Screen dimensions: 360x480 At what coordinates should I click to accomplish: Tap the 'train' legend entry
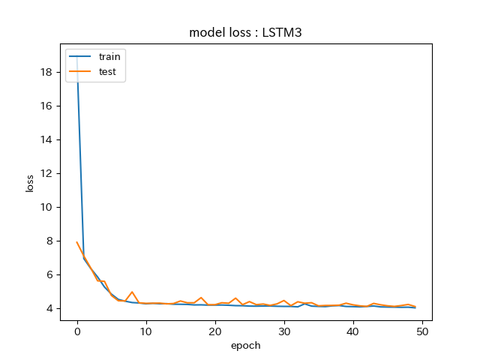[109, 56]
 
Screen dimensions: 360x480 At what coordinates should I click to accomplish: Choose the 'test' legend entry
[107, 73]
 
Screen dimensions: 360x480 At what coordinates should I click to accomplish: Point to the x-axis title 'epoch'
[246, 345]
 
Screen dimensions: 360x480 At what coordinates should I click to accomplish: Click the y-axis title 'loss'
[31, 183]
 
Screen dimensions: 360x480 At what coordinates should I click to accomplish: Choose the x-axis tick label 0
[77, 331]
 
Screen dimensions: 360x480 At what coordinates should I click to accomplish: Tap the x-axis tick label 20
[215, 331]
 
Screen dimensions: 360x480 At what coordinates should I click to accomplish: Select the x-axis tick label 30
[284, 331]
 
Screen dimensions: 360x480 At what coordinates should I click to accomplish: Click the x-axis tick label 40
[353, 331]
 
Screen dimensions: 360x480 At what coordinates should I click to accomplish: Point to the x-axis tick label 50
[422, 331]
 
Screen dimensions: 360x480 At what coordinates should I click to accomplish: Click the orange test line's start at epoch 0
[77, 242]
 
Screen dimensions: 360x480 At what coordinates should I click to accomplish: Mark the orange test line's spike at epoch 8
[132, 292]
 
